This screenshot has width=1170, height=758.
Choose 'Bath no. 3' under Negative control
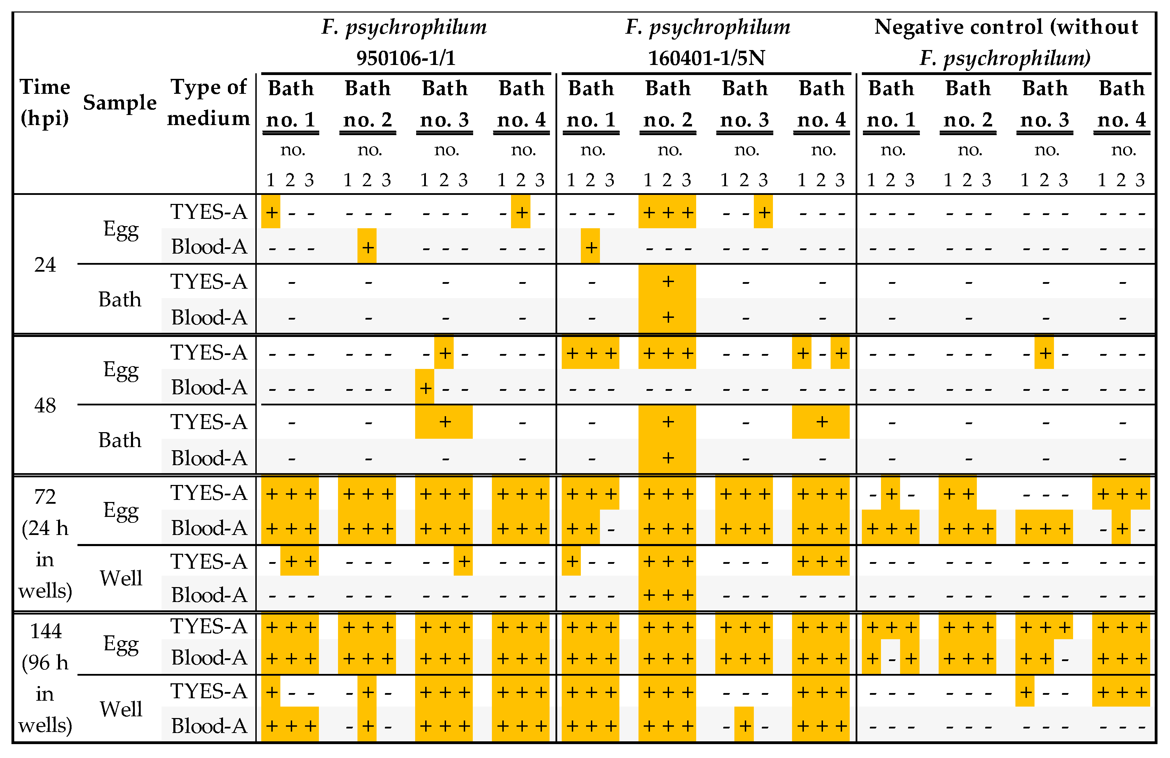coord(1045,104)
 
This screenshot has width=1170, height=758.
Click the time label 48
coord(45,405)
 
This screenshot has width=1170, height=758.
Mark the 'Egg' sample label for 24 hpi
coord(121,230)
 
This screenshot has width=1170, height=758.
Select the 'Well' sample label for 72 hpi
coord(121,578)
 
